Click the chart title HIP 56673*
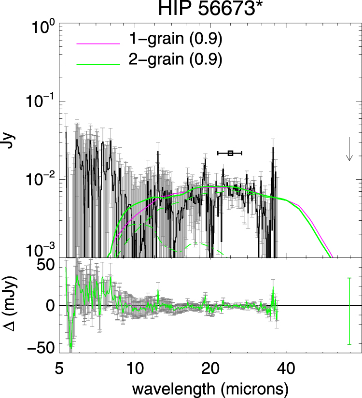pyautogui.click(x=209, y=8)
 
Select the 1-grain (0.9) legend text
pyautogui.click(x=175, y=39)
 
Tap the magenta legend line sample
pyautogui.click(x=98, y=44)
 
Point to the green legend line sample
pyautogui.click(x=98, y=65)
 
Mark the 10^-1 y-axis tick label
pyautogui.click(x=41, y=101)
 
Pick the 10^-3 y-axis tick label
pyautogui.click(x=41, y=251)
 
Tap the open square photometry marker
pyautogui.click(x=230, y=153)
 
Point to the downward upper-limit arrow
pyautogui.click(x=349, y=149)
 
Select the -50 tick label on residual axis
pyautogui.click(x=41, y=347)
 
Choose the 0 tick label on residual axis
pyautogui.click(x=51, y=306)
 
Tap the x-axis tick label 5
pyautogui.click(x=59, y=369)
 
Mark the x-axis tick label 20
pyautogui.click(x=210, y=369)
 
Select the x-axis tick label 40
pyautogui.click(x=286, y=369)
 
